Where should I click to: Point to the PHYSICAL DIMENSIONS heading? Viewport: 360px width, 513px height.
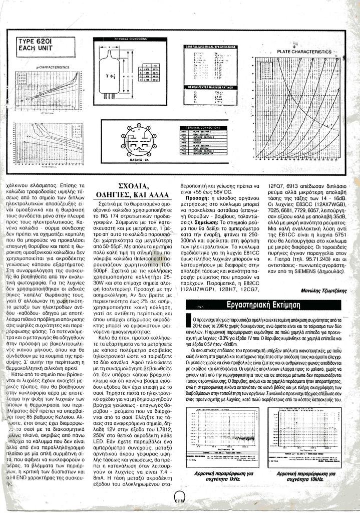130,39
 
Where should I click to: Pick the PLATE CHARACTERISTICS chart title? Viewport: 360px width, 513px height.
304,52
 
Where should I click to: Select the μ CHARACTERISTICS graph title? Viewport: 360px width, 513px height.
49,66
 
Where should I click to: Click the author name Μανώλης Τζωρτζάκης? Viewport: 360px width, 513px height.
322,290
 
